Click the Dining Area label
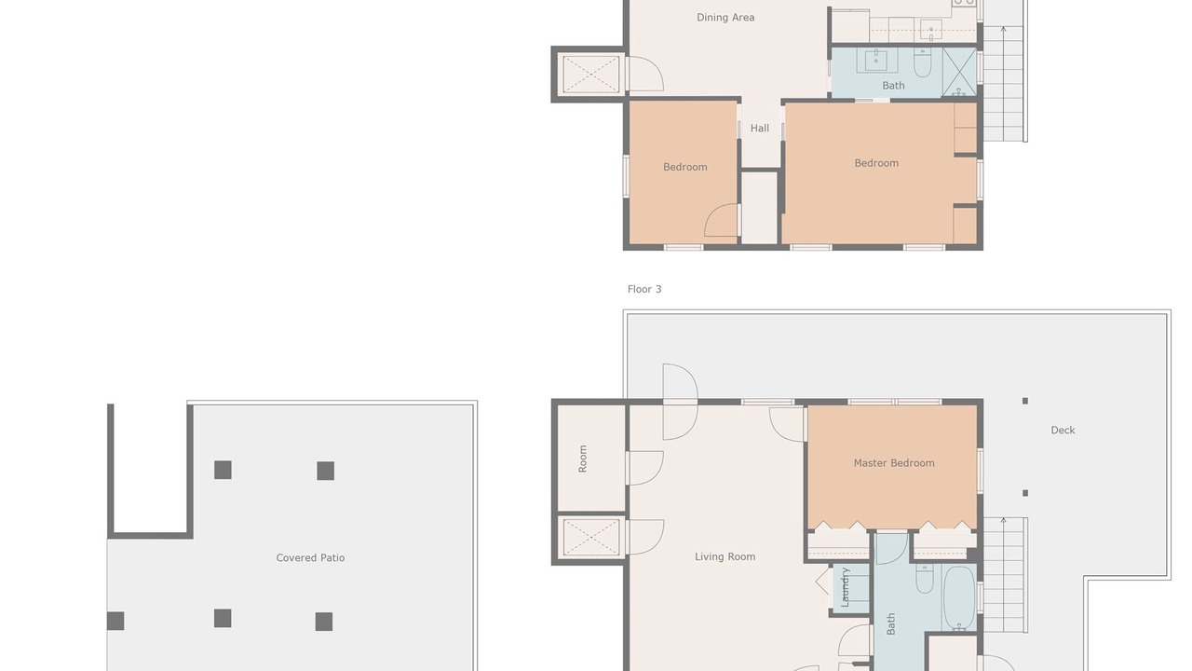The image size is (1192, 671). coord(725,18)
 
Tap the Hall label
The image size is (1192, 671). coord(759,129)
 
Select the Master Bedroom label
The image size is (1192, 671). coord(894,463)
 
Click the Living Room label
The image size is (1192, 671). coord(725,557)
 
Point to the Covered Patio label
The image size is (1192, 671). coord(310,558)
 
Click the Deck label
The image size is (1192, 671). coord(1063,431)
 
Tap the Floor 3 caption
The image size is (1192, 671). coord(644,289)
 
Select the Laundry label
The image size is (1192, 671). coord(845,587)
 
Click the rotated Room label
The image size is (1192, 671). coord(583,459)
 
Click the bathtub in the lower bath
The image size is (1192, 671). coord(959,597)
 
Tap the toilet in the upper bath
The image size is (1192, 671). coord(923,62)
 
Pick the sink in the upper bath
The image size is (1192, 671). coord(875,61)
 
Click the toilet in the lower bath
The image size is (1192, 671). coord(925,579)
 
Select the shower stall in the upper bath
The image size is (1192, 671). coord(959,73)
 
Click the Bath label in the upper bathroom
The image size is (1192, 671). coord(893,86)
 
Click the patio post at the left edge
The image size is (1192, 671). coord(115,621)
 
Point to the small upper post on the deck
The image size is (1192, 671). coord(1025,401)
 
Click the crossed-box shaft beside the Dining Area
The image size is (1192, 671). coord(590,75)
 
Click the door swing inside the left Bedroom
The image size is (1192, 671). coord(721,220)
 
